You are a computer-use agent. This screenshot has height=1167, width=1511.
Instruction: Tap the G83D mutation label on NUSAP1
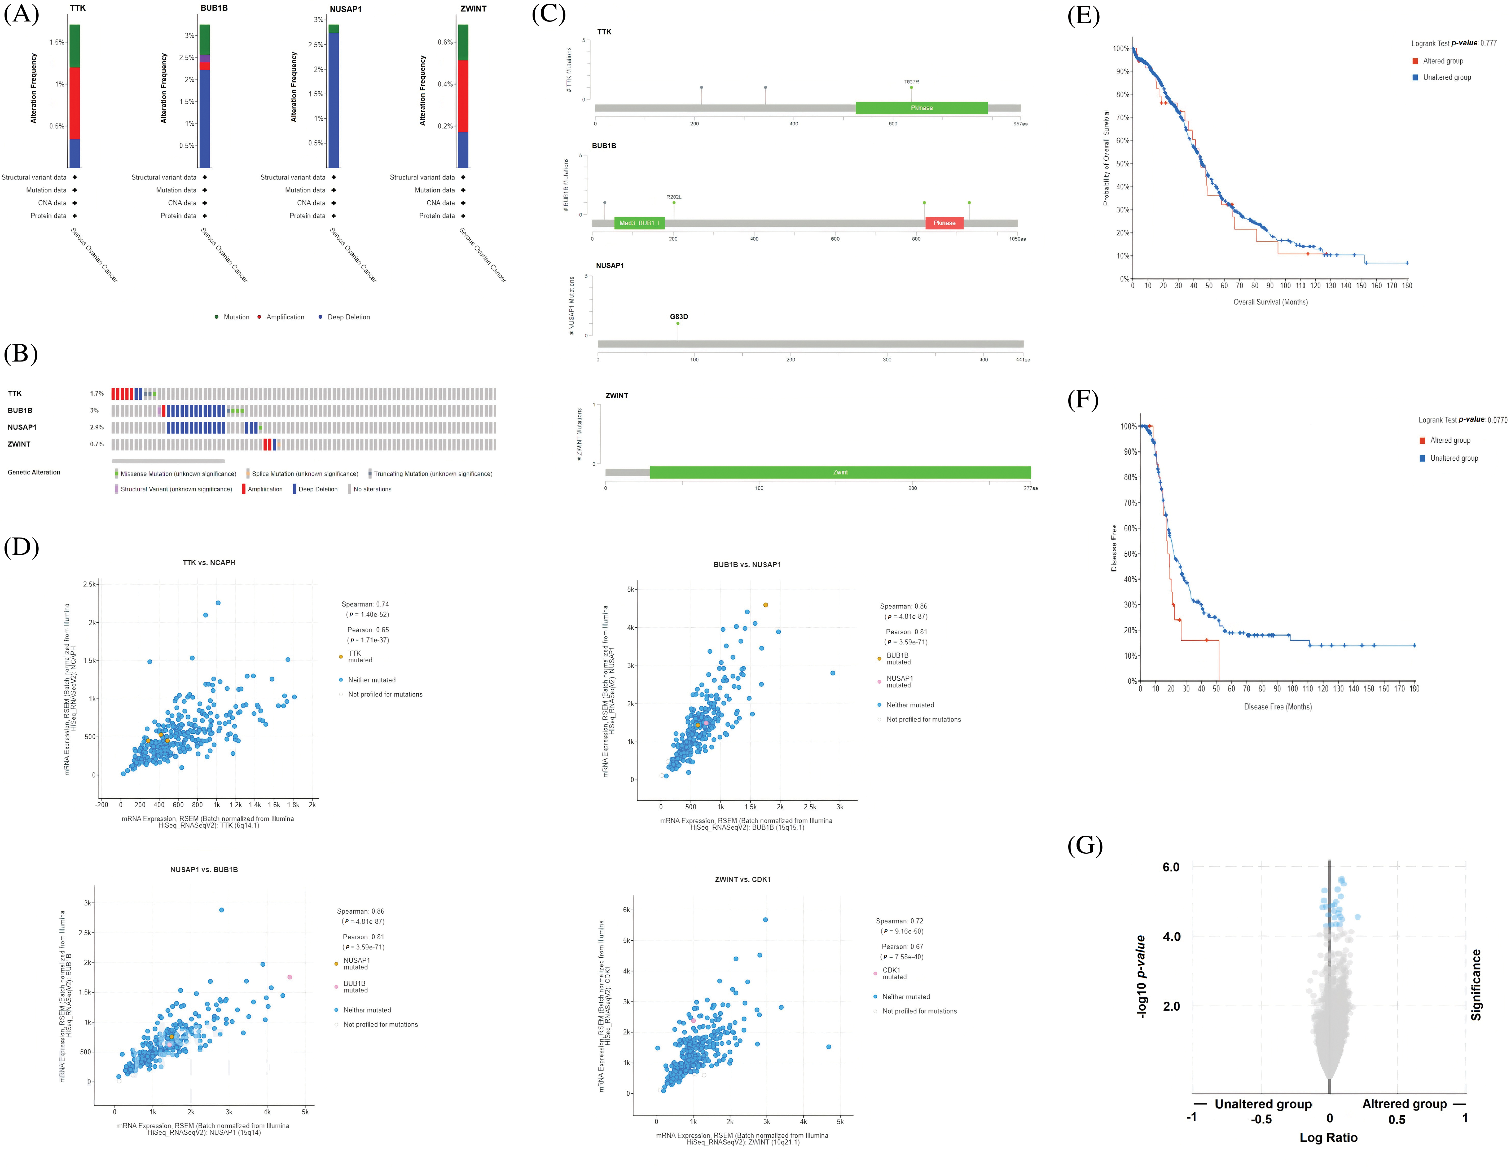[679, 317]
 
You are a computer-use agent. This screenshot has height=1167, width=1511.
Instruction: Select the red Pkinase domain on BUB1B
[944, 223]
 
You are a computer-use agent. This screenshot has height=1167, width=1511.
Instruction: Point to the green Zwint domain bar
[840, 473]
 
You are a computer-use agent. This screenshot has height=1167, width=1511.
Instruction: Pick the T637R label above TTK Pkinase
[911, 82]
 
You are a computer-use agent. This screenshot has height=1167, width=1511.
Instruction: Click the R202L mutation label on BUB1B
[674, 197]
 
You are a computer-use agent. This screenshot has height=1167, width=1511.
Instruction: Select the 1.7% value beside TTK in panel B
[97, 394]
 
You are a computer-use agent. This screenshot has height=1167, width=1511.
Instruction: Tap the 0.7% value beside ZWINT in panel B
[97, 444]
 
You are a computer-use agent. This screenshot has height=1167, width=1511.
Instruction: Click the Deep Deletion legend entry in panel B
[318, 489]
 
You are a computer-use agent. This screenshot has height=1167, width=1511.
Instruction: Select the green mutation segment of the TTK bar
[74, 46]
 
